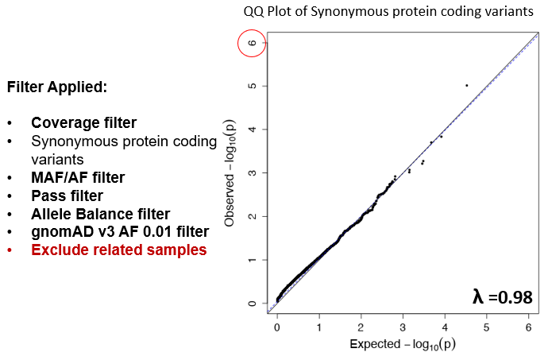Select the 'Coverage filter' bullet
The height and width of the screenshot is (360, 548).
click(83, 123)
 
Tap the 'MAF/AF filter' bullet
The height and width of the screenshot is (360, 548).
click(78, 176)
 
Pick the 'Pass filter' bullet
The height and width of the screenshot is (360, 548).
click(67, 195)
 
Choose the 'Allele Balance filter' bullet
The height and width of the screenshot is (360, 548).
click(100, 213)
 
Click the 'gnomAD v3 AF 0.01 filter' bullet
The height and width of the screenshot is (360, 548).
click(120, 231)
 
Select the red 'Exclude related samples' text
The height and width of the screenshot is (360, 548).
click(118, 250)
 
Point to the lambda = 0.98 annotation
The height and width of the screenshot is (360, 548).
click(501, 296)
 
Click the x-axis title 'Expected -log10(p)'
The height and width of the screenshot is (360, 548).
click(402, 345)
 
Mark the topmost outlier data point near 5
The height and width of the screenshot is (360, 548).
click(466, 85)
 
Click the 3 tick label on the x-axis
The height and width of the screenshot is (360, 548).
click(403, 326)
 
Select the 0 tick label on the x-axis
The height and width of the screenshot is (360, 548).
click(276, 326)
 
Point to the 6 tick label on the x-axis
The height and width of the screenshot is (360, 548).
click(528, 326)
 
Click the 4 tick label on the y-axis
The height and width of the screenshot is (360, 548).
click(252, 130)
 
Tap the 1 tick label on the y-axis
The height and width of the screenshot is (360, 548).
click(252, 260)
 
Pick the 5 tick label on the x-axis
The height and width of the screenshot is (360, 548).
click(486, 326)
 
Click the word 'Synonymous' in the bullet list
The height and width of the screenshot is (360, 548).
click(68, 141)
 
